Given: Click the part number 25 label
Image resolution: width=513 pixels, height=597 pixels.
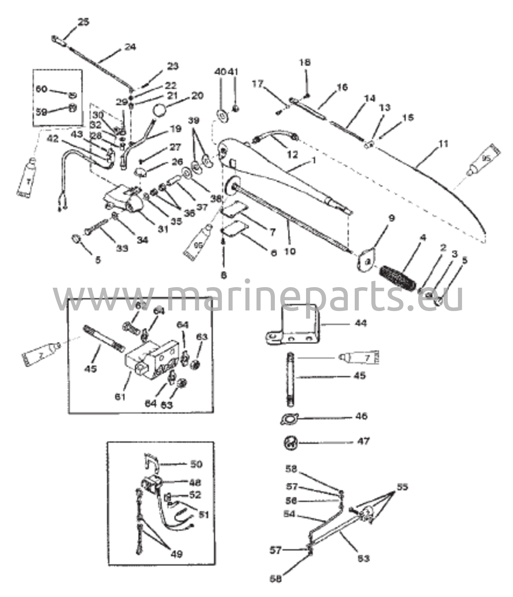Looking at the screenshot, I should coord(84,22).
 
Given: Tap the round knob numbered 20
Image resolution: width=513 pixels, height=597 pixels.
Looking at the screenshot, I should coord(159,111).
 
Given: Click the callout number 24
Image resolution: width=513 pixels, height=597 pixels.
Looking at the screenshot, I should coord(130,47).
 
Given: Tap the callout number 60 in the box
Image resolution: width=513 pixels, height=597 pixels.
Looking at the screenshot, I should coord(42,89).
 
